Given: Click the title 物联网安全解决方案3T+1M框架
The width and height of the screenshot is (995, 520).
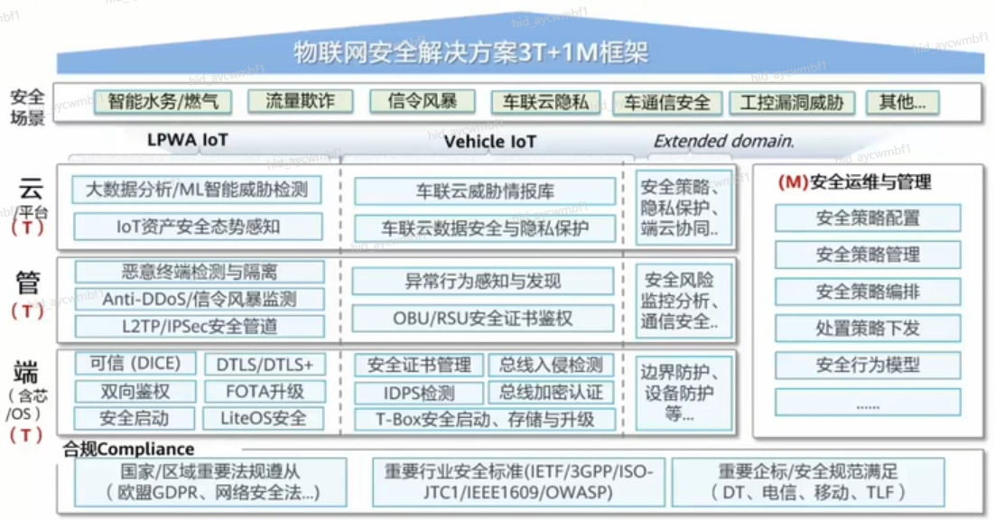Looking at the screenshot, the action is tap(471, 52).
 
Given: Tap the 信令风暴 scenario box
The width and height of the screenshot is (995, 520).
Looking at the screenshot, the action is tap(422, 101).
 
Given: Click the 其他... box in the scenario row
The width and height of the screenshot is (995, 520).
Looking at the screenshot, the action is tap(902, 102).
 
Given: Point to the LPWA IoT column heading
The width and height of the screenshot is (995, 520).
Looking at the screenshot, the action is tap(188, 141).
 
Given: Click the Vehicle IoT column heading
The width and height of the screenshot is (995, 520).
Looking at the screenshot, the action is tap(489, 142).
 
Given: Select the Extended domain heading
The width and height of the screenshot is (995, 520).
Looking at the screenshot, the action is tap(724, 141).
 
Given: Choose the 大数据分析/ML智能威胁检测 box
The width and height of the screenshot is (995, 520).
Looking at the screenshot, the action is tap(197, 190).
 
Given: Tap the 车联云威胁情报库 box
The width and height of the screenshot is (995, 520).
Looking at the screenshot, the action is tap(485, 191).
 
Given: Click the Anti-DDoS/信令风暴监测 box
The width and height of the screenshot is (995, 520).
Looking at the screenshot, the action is tap(200, 299).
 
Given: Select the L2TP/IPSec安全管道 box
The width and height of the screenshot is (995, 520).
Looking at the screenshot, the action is tap(200, 326).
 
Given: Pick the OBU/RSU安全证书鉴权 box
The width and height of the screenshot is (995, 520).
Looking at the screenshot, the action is tap(483, 319).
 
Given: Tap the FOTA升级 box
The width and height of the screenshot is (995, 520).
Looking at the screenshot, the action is tap(263, 392).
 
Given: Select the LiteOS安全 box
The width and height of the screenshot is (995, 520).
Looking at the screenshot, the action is tap(263, 418).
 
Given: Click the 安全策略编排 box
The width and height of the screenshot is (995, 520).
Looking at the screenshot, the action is tap(868, 292).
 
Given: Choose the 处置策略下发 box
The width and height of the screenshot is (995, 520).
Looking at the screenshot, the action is tap(868, 329).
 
